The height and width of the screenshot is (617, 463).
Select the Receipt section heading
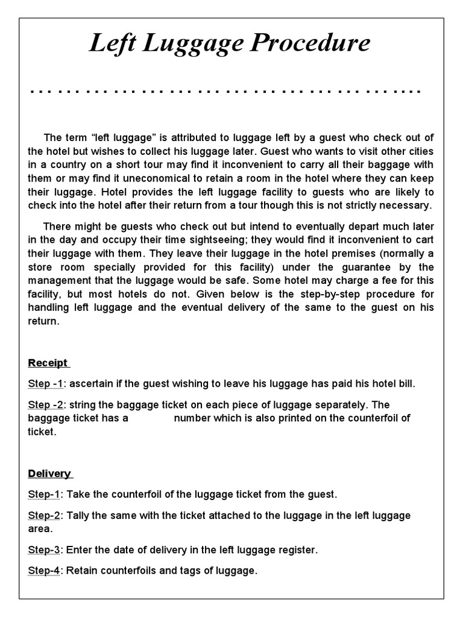[48, 363]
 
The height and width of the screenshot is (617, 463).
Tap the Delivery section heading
[49, 473]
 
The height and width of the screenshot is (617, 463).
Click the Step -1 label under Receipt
[46, 384]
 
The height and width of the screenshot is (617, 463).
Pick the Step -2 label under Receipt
[46, 404]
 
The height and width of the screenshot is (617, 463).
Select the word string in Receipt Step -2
[82, 404]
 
